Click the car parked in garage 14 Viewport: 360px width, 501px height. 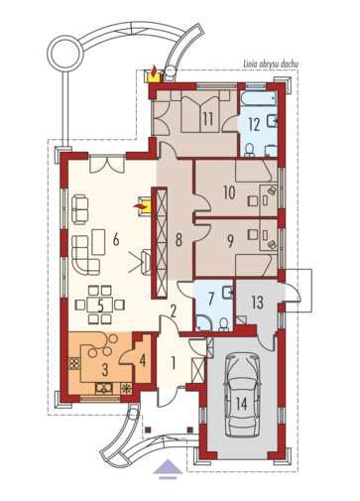pyautogui.click(x=242, y=395)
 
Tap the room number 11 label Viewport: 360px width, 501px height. pyautogui.click(x=208, y=119)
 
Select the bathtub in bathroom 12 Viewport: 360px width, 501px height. pyautogui.click(x=258, y=98)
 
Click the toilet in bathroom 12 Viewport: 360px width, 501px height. pyautogui.click(x=249, y=150)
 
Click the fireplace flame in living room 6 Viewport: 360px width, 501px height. pyautogui.click(x=140, y=206)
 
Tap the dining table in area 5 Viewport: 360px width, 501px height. pyautogui.click(x=100, y=305)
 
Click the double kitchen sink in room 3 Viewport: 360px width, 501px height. pyautogui.click(x=104, y=388)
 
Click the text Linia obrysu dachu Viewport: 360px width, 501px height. pyautogui.click(x=271, y=64)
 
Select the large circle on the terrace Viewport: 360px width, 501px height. pyautogui.click(x=64, y=54)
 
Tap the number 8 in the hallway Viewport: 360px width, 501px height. pyautogui.click(x=179, y=240)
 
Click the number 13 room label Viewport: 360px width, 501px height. pyautogui.click(x=258, y=302)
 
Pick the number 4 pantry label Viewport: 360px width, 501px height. pyautogui.click(x=143, y=361)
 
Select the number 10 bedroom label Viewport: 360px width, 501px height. pyautogui.click(x=229, y=192)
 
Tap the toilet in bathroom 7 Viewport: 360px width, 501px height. pyautogui.click(x=224, y=324)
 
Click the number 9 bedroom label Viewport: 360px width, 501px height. pyautogui.click(x=230, y=241)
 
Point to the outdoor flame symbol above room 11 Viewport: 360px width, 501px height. pyautogui.click(x=154, y=70)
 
